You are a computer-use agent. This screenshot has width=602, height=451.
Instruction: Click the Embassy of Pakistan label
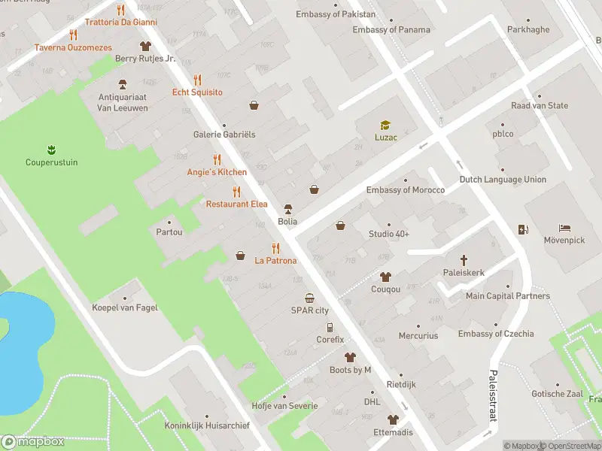click(x=335, y=14)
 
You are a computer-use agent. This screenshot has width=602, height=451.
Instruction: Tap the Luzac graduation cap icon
click(x=385, y=125)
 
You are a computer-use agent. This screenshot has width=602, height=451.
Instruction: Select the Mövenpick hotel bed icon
click(x=565, y=229)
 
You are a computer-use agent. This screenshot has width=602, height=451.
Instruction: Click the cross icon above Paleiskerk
click(x=464, y=259)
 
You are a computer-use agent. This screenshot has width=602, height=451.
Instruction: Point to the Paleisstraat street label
click(x=494, y=395)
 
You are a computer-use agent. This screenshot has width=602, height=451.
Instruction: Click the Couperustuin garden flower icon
click(x=52, y=149)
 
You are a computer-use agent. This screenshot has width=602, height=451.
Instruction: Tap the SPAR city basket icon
click(x=309, y=298)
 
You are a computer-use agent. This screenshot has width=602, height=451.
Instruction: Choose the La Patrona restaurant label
click(x=275, y=261)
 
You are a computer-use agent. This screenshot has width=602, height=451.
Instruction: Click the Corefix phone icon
click(x=330, y=328)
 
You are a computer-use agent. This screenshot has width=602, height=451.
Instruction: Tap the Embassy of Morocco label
click(x=405, y=190)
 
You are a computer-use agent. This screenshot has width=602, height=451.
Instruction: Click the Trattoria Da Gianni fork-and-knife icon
click(x=120, y=10)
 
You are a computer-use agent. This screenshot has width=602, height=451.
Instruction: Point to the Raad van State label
click(x=540, y=106)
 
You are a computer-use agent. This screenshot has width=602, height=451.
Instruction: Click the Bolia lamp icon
click(x=287, y=209)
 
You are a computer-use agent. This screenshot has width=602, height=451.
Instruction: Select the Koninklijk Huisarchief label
click(x=207, y=425)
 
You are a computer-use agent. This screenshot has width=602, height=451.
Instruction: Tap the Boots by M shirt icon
click(x=350, y=357)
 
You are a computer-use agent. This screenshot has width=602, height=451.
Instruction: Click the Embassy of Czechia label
click(x=496, y=334)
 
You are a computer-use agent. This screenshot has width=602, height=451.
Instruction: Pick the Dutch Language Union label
click(x=503, y=180)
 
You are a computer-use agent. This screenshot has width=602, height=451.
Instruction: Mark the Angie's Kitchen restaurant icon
click(x=217, y=159)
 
